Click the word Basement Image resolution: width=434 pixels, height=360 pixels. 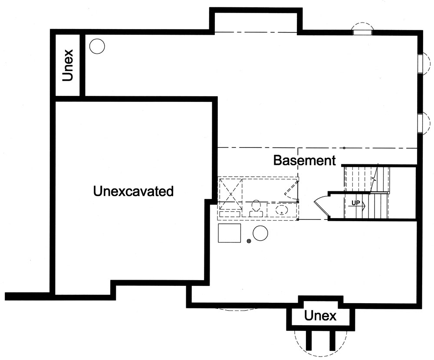[305, 160]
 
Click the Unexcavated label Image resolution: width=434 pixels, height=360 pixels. [133, 191]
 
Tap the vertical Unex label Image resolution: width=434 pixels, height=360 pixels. [68, 65]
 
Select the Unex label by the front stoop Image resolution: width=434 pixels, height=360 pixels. [320, 316]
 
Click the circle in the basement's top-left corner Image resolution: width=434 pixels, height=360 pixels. [97, 46]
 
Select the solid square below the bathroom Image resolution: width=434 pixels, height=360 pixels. [229, 234]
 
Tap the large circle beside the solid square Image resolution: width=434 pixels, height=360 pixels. [260, 233]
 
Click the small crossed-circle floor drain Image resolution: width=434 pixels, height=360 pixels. [249, 241]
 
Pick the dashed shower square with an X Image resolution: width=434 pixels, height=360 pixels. [230, 194]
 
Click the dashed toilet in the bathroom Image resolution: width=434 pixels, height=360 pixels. [256, 206]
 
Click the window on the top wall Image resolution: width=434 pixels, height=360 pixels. [362, 31]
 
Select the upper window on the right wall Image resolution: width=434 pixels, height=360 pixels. [420, 64]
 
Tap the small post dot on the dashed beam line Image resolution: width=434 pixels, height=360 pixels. [344, 148]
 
